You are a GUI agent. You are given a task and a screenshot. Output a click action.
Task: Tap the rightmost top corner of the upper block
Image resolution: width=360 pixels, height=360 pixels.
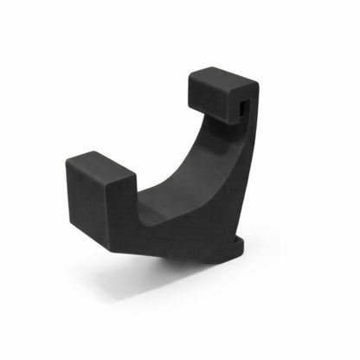click(x=259, y=83)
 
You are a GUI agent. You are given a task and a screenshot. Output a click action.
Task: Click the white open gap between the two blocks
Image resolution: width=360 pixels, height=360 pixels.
click(x=156, y=130)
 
